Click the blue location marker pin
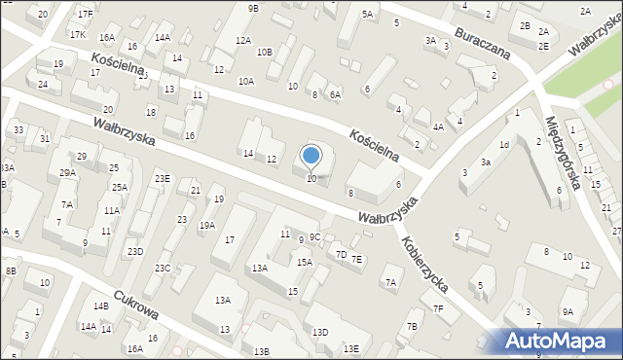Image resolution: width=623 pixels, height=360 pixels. pyautogui.click(x=311, y=156)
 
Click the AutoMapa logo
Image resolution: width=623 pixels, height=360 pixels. pyautogui.click(x=561, y=341)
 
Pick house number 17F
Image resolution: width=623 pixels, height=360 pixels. pyautogui.click(x=86, y=14)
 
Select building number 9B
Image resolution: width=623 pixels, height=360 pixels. pyautogui.click(x=253, y=8)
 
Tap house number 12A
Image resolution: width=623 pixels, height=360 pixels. pyautogui.click(x=243, y=41)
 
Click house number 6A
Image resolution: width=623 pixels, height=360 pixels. pyautogui.click(x=335, y=94)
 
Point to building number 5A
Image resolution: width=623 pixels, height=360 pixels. pyautogui.click(x=367, y=15)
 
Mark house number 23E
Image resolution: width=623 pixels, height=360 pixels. pyautogui.click(x=162, y=178)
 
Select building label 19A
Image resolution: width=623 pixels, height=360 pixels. pyautogui.click(x=207, y=225)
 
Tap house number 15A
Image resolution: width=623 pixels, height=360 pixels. pyautogui.click(x=305, y=262)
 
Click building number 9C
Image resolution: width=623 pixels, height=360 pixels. pyautogui.click(x=315, y=237)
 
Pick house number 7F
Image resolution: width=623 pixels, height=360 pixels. pyautogui.click(x=439, y=308)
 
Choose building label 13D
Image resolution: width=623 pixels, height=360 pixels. pyautogui.click(x=320, y=333)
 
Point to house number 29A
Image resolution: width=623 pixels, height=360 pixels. pyautogui.click(x=67, y=172)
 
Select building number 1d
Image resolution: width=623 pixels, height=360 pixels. pyautogui.click(x=504, y=145)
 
